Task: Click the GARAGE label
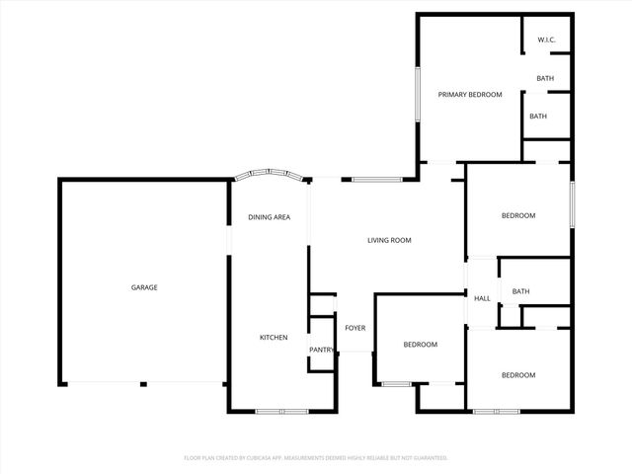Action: coord(144,287)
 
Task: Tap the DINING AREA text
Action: coord(269,217)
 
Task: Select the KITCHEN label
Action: coord(274,338)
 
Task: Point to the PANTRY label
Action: coord(322,350)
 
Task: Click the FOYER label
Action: coord(355,328)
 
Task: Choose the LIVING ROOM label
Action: coord(389,240)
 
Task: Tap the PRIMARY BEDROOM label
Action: coord(470,95)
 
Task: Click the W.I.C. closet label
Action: coord(546,40)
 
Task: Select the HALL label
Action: coord(482,298)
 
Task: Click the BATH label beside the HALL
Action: coord(520,291)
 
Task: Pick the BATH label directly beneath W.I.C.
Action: coord(545,79)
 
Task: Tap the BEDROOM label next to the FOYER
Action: coord(420,345)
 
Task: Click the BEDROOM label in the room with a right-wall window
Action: coord(517,216)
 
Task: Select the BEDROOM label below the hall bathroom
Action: coord(517,375)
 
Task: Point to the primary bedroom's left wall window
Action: coord(418,95)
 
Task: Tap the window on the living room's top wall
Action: coord(376,180)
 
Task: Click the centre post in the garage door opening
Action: coord(143,384)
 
